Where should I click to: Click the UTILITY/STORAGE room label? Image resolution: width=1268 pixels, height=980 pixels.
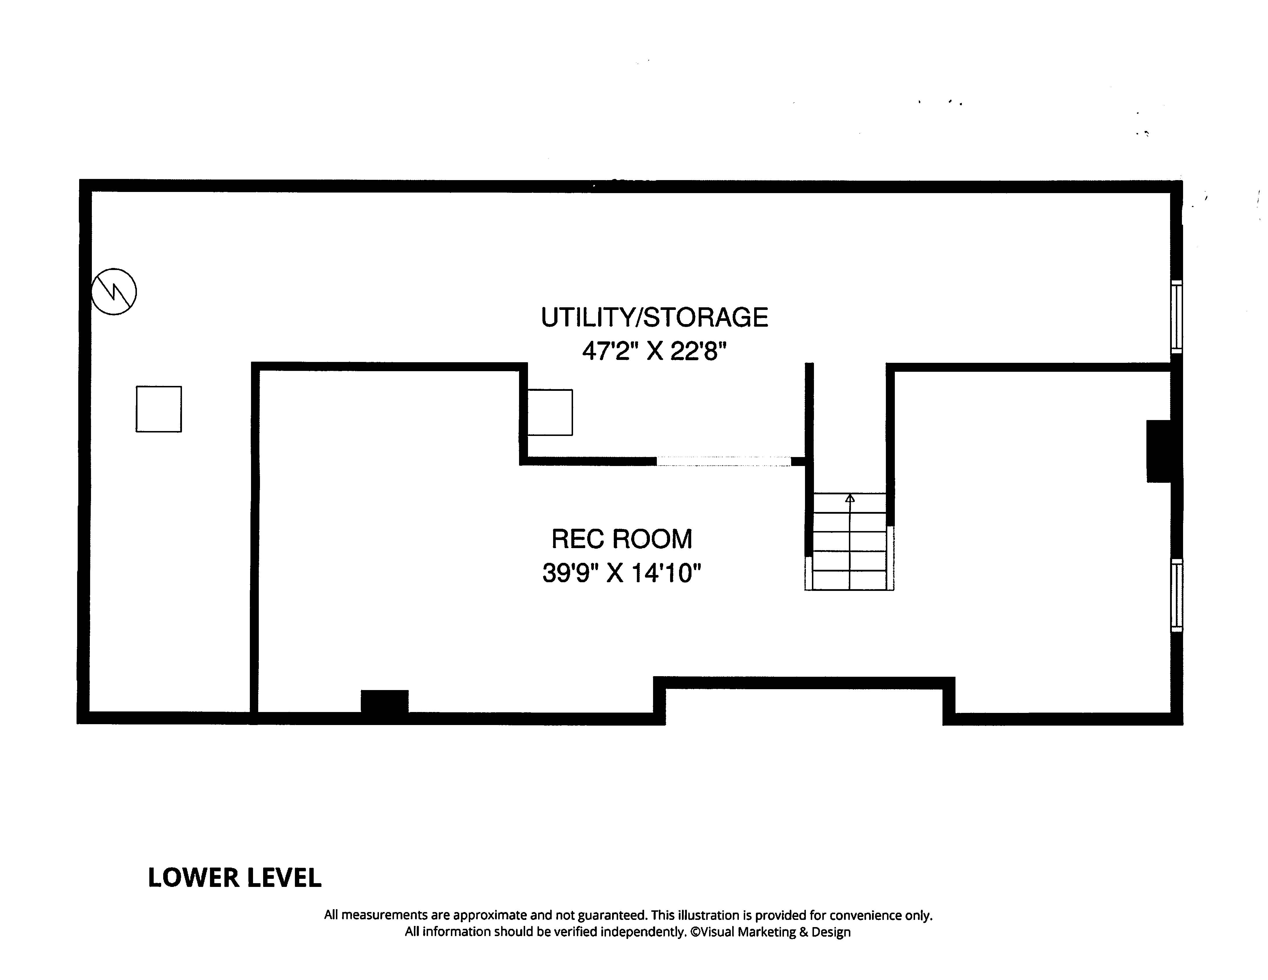[x=654, y=318]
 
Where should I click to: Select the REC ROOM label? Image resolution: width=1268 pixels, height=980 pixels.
[x=621, y=539]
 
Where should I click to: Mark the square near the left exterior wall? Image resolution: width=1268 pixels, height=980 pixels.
[x=159, y=409]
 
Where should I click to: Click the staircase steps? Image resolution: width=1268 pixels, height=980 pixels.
[x=849, y=541]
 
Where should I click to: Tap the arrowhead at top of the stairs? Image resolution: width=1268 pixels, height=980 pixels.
[x=850, y=498]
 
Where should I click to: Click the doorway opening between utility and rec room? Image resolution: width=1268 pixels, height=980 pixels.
[x=724, y=461]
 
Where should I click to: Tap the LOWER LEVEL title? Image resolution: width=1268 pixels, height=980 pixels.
[x=235, y=878]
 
